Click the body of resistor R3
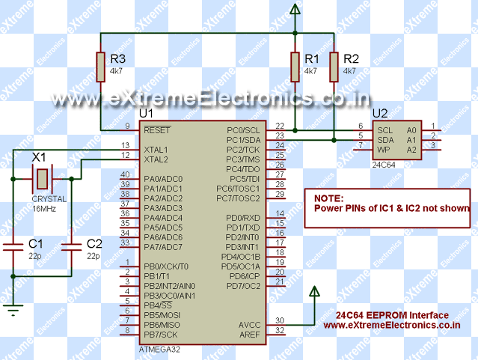(100, 67)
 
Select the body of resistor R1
(295, 67)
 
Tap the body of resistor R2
(334, 67)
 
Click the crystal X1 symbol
(43, 179)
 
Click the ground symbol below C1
(13, 306)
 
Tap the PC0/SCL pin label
(244, 130)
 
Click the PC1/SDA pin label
(244, 140)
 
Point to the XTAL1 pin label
(156, 150)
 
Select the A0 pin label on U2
(411, 130)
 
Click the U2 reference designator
(380, 114)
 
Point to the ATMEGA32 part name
(159, 349)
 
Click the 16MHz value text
(42, 208)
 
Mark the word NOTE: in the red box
(328, 198)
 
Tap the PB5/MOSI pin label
(162, 315)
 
